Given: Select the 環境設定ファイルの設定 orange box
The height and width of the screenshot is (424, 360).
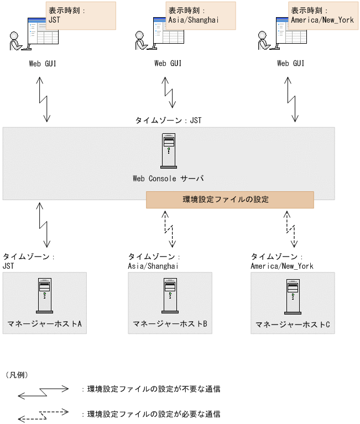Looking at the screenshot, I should [229, 200].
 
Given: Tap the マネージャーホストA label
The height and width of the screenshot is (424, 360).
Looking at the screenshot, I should [45, 323].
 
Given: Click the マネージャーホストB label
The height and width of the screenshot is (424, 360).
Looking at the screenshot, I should [170, 323].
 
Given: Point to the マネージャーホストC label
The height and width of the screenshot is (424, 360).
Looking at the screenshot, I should [293, 324].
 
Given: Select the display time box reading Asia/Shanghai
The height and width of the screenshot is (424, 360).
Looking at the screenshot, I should [200, 15].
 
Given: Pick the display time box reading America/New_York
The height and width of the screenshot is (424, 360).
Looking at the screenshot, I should [323, 15].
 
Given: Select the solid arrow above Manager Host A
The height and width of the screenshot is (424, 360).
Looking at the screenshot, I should [43, 225].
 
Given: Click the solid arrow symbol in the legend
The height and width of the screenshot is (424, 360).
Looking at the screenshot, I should [43, 392].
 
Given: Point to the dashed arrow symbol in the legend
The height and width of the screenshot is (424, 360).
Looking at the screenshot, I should [43, 415].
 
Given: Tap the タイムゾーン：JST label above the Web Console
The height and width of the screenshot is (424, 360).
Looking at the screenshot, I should [169, 120].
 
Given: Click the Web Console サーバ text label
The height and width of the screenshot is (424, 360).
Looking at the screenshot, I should [168, 179].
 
